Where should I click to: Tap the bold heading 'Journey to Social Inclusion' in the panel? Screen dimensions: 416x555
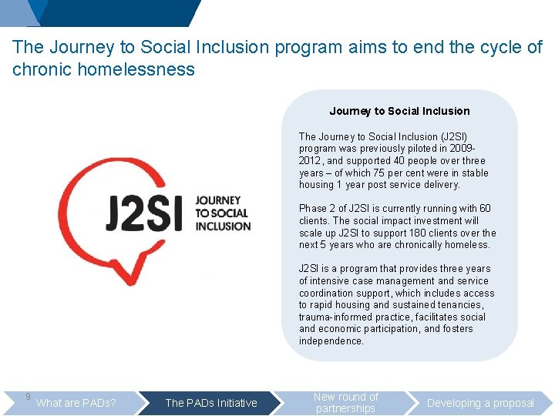click(399, 111)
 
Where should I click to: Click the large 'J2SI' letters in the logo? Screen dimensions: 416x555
click(144, 213)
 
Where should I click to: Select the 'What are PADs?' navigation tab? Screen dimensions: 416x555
click(76, 403)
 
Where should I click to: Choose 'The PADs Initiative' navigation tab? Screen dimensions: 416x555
click(211, 403)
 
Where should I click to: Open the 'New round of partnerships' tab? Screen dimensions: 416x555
click(346, 403)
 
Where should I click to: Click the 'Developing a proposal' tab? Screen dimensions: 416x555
click(480, 403)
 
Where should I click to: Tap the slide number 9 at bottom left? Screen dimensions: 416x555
click(28, 397)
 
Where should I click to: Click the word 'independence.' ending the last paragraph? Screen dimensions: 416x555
click(331, 341)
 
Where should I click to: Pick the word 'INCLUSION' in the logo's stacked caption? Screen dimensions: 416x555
click(223, 226)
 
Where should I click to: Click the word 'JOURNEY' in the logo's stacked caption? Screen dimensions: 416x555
click(218, 200)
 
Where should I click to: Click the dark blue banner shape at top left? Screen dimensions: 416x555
click(116, 12)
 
